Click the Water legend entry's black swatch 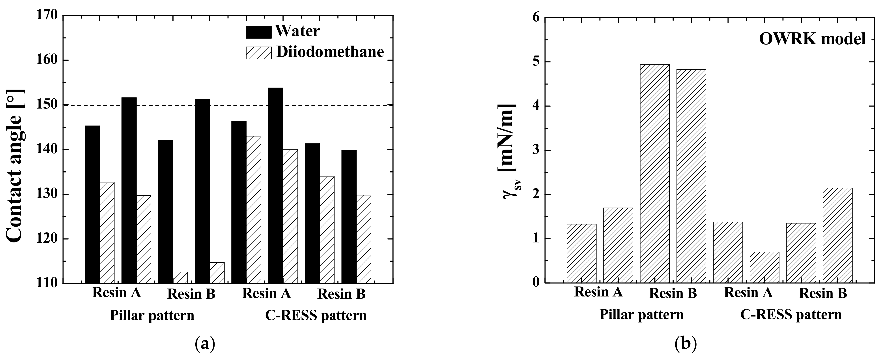coord(258,32)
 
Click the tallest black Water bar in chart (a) coord(276,185)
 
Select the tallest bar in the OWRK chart coord(655,174)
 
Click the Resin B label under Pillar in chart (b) coord(673,294)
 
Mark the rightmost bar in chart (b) coord(837,235)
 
